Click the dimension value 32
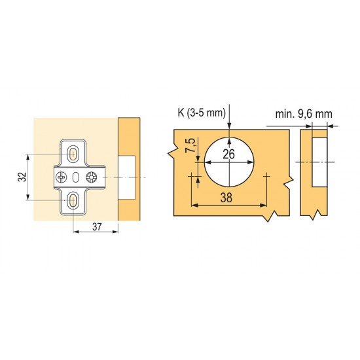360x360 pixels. [x=22, y=177]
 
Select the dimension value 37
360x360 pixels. [x=97, y=227]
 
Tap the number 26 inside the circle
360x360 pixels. [x=228, y=154]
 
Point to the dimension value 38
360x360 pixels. [x=226, y=198]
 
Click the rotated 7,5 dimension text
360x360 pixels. [x=191, y=145]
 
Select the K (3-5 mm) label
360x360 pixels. [x=202, y=113]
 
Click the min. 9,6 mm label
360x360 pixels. [x=304, y=114]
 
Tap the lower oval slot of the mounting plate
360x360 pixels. [x=73, y=200]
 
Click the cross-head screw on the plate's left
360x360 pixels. [x=62, y=177]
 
